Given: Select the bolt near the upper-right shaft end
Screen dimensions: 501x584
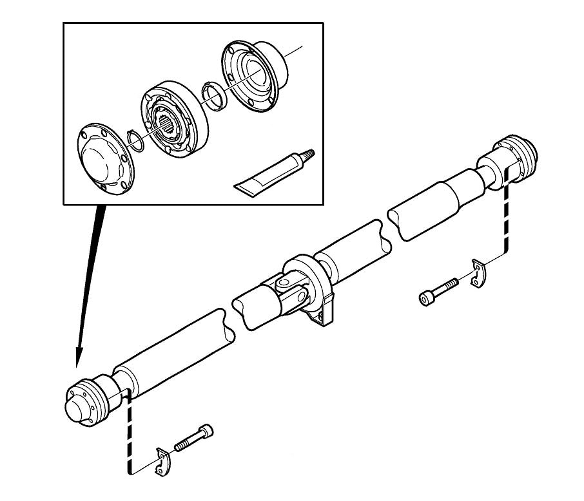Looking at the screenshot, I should click(x=439, y=290).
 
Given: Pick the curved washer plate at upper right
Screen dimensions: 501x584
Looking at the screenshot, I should click(x=478, y=274).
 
